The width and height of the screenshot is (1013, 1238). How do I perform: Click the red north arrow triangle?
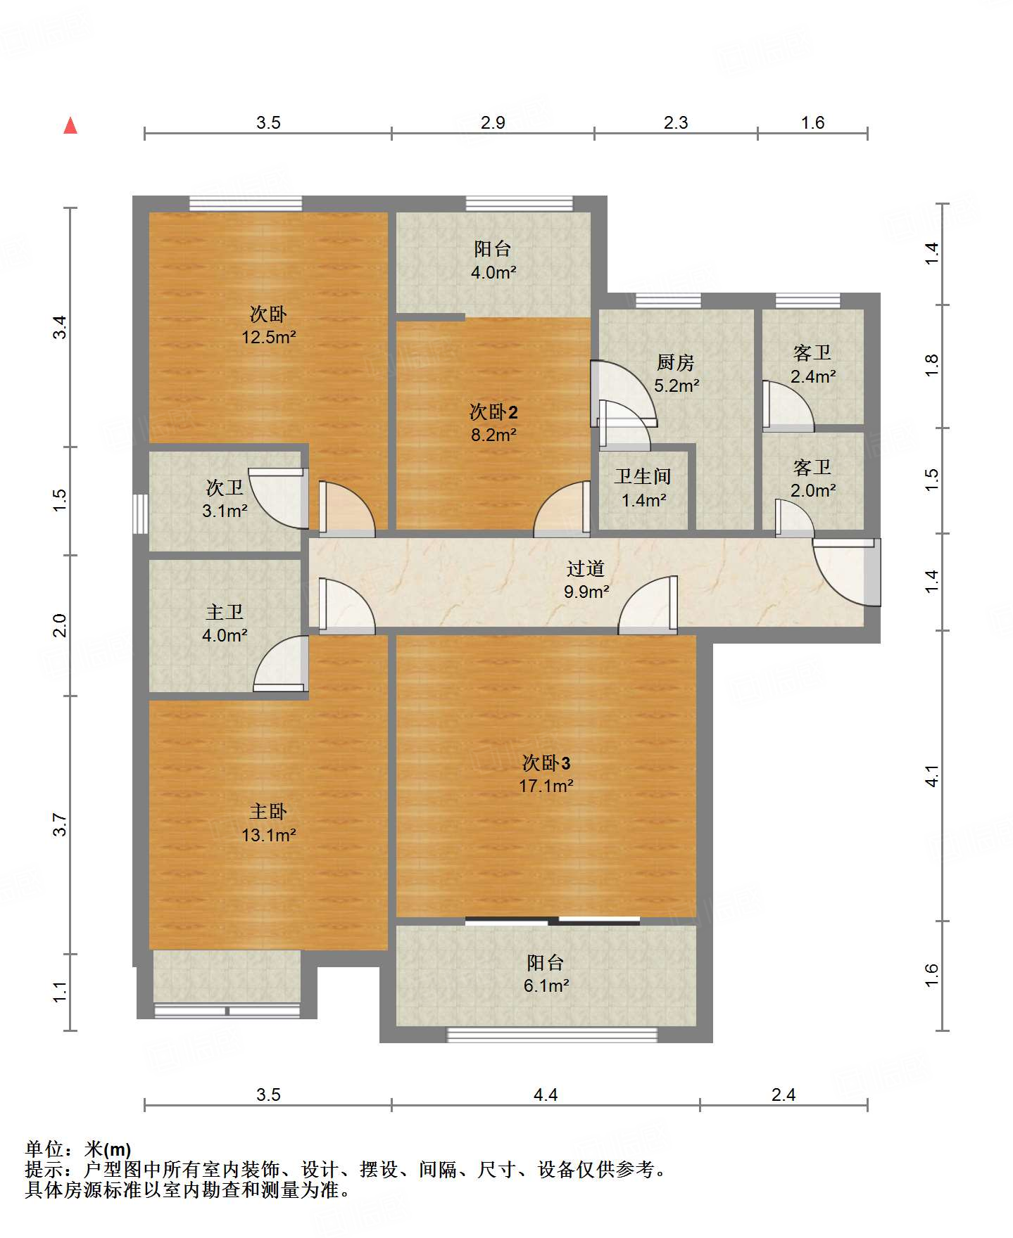tap(70, 125)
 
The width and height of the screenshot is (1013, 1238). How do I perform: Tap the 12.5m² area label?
tap(268, 337)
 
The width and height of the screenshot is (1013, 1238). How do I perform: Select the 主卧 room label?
tap(268, 812)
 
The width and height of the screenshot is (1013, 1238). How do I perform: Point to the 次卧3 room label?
tap(546, 762)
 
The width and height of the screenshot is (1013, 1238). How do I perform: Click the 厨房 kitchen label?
tap(676, 362)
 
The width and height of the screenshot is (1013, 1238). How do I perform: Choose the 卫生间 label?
tap(643, 477)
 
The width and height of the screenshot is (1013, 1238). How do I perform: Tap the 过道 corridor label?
tap(586, 568)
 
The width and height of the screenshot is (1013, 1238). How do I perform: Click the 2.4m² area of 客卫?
tap(813, 376)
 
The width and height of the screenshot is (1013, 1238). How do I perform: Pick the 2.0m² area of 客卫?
tap(813, 490)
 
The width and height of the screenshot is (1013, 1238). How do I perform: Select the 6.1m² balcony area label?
tap(546, 985)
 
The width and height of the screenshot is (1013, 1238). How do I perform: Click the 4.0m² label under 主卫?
tap(225, 635)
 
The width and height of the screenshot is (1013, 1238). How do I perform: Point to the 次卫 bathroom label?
tap(225, 487)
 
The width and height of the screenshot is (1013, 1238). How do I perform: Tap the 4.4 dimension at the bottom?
tap(546, 1095)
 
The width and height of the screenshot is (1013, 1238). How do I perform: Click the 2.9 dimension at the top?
tap(493, 122)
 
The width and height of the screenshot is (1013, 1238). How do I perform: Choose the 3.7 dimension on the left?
tap(60, 824)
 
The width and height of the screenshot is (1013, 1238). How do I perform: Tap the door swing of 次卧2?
tap(562, 509)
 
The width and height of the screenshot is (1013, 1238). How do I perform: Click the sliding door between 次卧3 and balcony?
tap(553, 920)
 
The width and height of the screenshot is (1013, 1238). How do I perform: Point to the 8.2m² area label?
tap(493, 435)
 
